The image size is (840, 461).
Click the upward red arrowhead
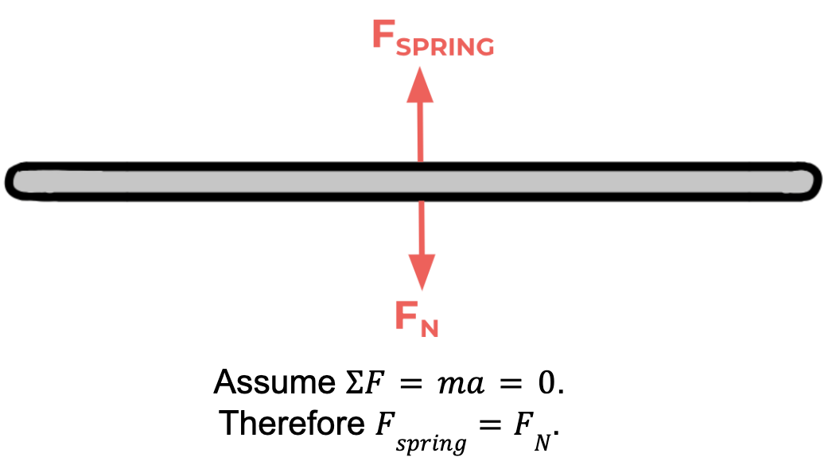(420, 86)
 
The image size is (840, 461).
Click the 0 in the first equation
(546, 384)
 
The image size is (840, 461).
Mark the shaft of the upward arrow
(420, 131)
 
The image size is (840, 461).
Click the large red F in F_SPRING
(383, 35)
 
